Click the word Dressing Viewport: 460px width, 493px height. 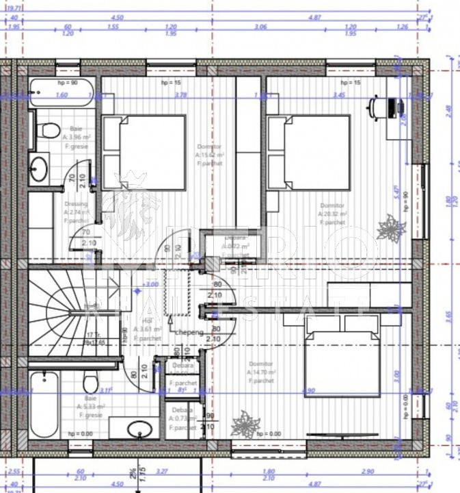76,204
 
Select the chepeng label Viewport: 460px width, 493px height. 188,332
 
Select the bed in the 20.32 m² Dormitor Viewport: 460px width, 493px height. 309,153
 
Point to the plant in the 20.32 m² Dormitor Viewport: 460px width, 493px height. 392,227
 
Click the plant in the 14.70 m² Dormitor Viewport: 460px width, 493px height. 244,425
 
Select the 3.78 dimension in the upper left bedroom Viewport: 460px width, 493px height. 180,96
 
